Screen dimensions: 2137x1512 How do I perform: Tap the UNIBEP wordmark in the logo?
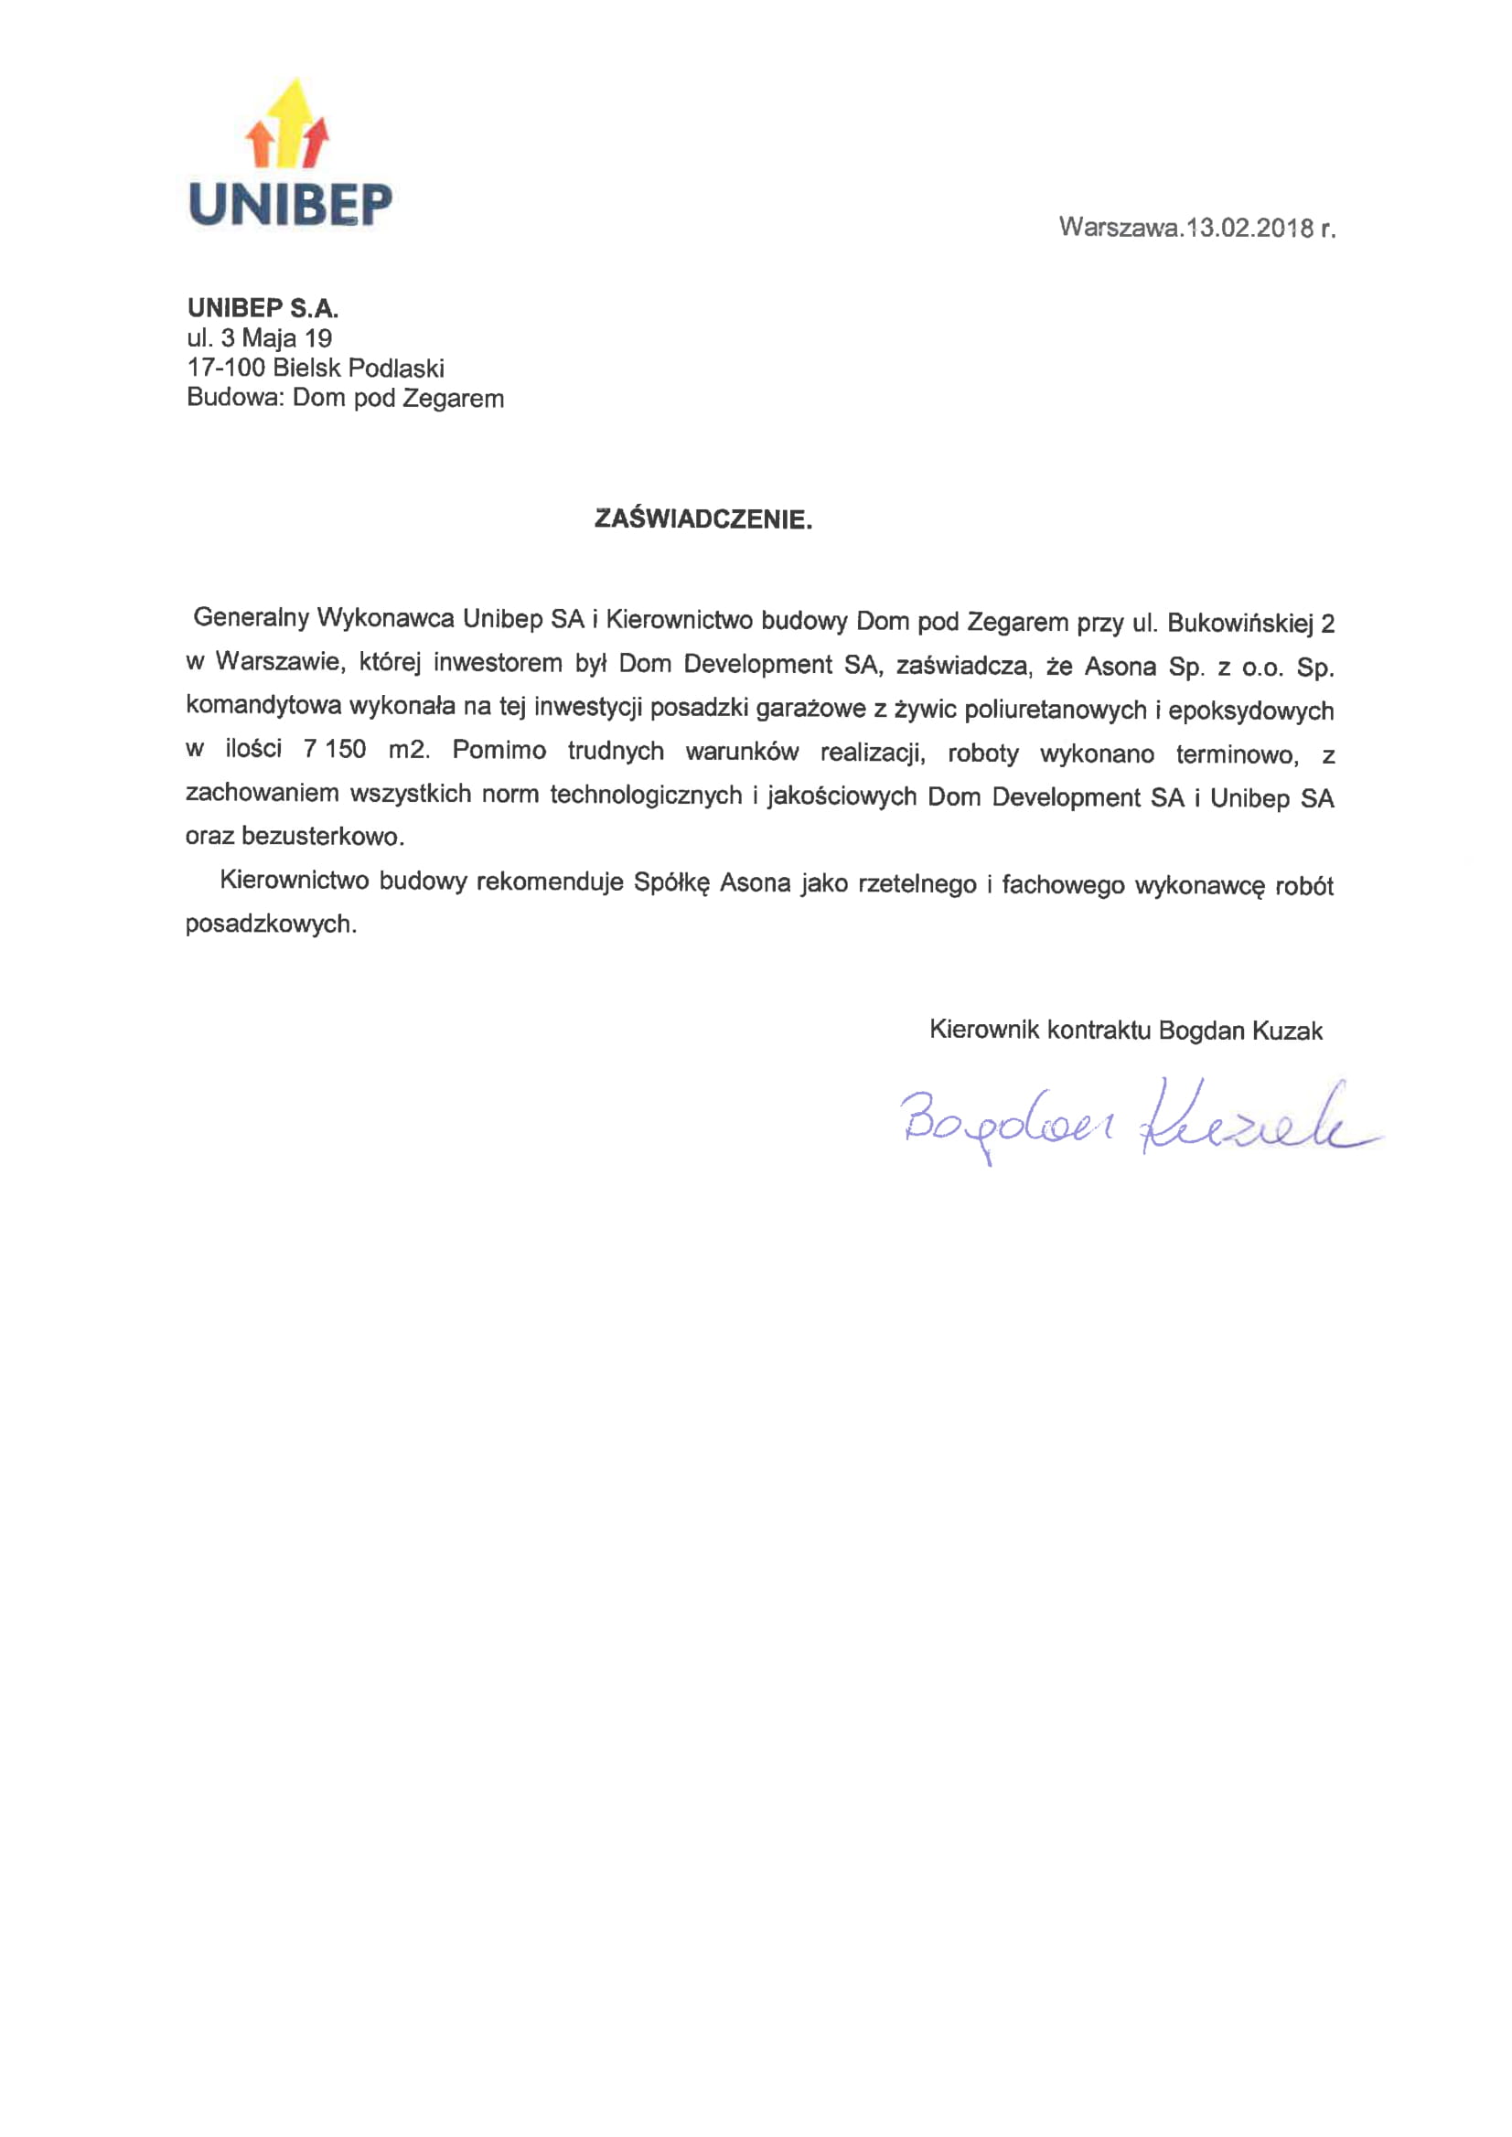(x=290, y=204)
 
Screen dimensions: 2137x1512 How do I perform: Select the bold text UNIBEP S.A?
(x=263, y=308)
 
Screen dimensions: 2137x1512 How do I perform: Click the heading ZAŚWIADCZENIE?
(x=702, y=519)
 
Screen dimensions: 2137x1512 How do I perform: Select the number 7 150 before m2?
(x=334, y=749)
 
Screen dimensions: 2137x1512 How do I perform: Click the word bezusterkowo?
(x=321, y=836)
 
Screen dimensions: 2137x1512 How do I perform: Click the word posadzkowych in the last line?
(x=270, y=924)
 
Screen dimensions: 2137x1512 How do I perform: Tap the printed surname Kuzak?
(x=1287, y=1031)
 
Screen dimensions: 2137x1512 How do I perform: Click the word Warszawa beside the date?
(x=1118, y=227)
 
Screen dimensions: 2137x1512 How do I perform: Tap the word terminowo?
(x=1236, y=754)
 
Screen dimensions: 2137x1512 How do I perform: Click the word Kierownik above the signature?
(x=985, y=1031)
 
